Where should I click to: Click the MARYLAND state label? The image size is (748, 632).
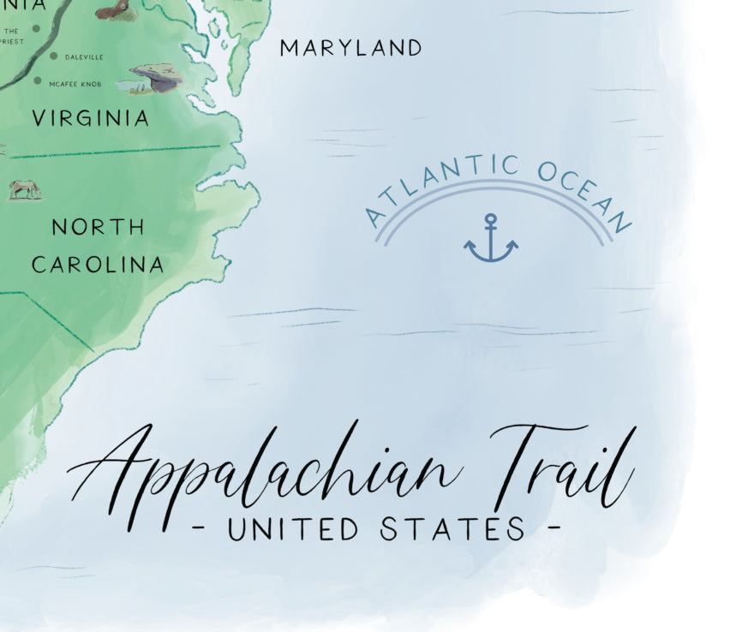click(x=351, y=48)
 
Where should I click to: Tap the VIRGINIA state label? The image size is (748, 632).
click(x=90, y=118)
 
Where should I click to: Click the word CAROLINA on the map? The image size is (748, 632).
click(x=98, y=265)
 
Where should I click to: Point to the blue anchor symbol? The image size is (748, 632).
click(x=490, y=239)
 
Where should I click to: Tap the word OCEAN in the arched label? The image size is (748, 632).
click(x=586, y=193)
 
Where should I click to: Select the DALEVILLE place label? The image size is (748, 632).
click(x=83, y=57)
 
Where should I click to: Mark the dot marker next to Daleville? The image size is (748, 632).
click(x=53, y=57)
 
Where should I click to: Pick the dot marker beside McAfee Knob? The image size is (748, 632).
click(x=38, y=81)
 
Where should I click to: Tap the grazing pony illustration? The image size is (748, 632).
click(x=25, y=189)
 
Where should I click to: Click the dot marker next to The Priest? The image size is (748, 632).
click(x=36, y=29)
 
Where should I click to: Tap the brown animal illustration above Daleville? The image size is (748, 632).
click(x=115, y=9)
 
